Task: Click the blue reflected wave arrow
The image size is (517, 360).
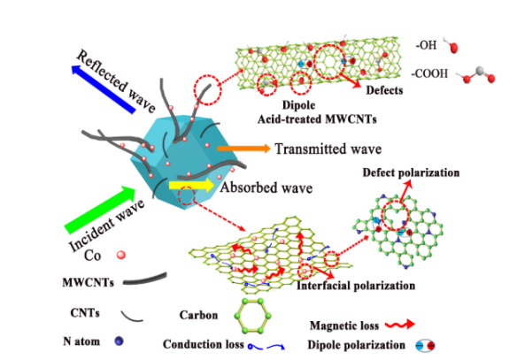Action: click(x=103, y=88)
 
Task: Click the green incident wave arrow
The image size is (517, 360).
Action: click(x=100, y=210)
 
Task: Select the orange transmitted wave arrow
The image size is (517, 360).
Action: click(x=243, y=149)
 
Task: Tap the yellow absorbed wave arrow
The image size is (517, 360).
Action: click(x=191, y=186)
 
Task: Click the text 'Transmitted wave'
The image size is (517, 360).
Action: click(x=328, y=149)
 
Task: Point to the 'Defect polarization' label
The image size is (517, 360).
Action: click(x=411, y=172)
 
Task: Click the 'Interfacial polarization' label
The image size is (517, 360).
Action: click(x=356, y=286)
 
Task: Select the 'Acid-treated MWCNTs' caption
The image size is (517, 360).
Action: click(x=317, y=119)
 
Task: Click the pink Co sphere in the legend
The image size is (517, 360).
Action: click(x=121, y=255)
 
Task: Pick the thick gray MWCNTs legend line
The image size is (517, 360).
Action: click(x=145, y=279)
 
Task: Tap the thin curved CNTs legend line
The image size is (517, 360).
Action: click(x=132, y=317)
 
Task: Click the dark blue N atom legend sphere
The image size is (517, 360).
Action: click(x=119, y=341)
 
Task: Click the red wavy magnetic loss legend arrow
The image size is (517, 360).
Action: click(x=400, y=325)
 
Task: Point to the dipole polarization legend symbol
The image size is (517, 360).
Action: click(x=425, y=346)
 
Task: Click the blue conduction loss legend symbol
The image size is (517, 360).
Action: click(x=266, y=347)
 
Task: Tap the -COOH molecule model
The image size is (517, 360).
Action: click(x=477, y=76)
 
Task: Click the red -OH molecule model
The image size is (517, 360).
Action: click(x=451, y=45)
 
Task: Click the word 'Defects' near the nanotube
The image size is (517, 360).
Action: click(x=384, y=90)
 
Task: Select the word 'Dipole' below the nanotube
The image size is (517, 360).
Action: click(x=298, y=105)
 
